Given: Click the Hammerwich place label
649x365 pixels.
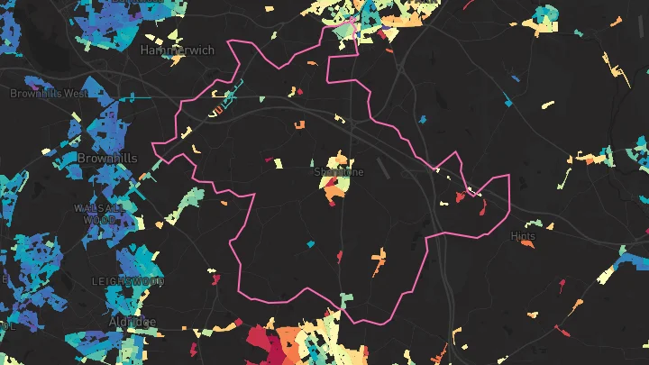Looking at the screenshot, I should (178, 50).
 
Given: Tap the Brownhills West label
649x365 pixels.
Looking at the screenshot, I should (49, 93).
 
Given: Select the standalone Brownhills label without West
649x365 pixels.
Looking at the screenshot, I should (107, 158).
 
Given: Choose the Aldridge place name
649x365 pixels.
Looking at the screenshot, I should (130, 322).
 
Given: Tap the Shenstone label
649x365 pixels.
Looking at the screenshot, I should (340, 171).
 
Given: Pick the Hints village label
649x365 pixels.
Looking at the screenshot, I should (522, 236).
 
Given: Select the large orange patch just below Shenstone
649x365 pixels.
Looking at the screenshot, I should (335, 189).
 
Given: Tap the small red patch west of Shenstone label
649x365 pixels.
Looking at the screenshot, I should (268, 161).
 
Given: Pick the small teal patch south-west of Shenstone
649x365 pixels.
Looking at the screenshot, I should (310, 243).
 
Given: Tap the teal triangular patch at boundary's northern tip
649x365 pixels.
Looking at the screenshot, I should (344, 32).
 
